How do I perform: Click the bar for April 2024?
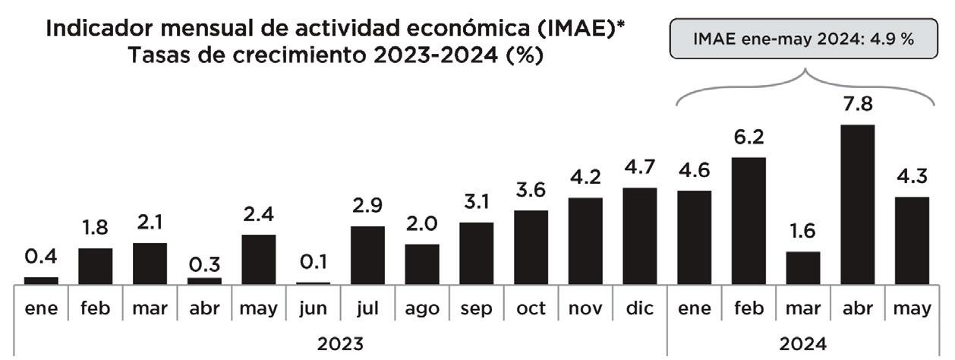[x=858, y=204]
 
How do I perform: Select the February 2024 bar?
[x=749, y=220]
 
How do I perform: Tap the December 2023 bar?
[x=640, y=235]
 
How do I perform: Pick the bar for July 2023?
[x=367, y=254]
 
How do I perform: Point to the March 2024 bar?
[x=803, y=267]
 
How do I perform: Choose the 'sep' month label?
[x=477, y=309]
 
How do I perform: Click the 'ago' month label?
[x=422, y=309]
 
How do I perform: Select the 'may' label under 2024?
[x=912, y=310]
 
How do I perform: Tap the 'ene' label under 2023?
[x=40, y=309]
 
